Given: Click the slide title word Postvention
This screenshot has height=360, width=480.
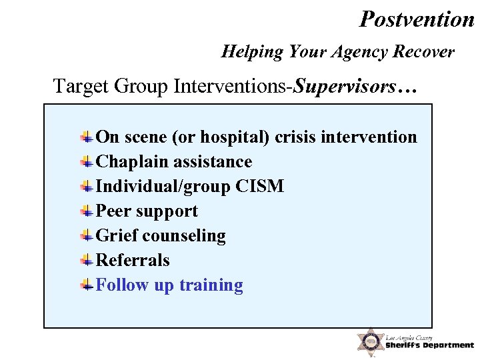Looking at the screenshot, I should pos(417,19).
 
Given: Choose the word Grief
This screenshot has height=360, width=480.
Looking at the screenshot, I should pos(117,236).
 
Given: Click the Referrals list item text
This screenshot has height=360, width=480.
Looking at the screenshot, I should pos(133,261).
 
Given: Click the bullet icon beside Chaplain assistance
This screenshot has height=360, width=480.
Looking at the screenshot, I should pos(87,162).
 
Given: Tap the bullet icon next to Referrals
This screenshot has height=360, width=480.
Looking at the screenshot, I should pos(87,261).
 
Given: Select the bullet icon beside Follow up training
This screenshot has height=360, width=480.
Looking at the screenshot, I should pos(87,285).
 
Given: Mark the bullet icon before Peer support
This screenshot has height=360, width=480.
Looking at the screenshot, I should pos(87,211).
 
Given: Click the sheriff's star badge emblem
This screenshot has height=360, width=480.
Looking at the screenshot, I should pos(369,341).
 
